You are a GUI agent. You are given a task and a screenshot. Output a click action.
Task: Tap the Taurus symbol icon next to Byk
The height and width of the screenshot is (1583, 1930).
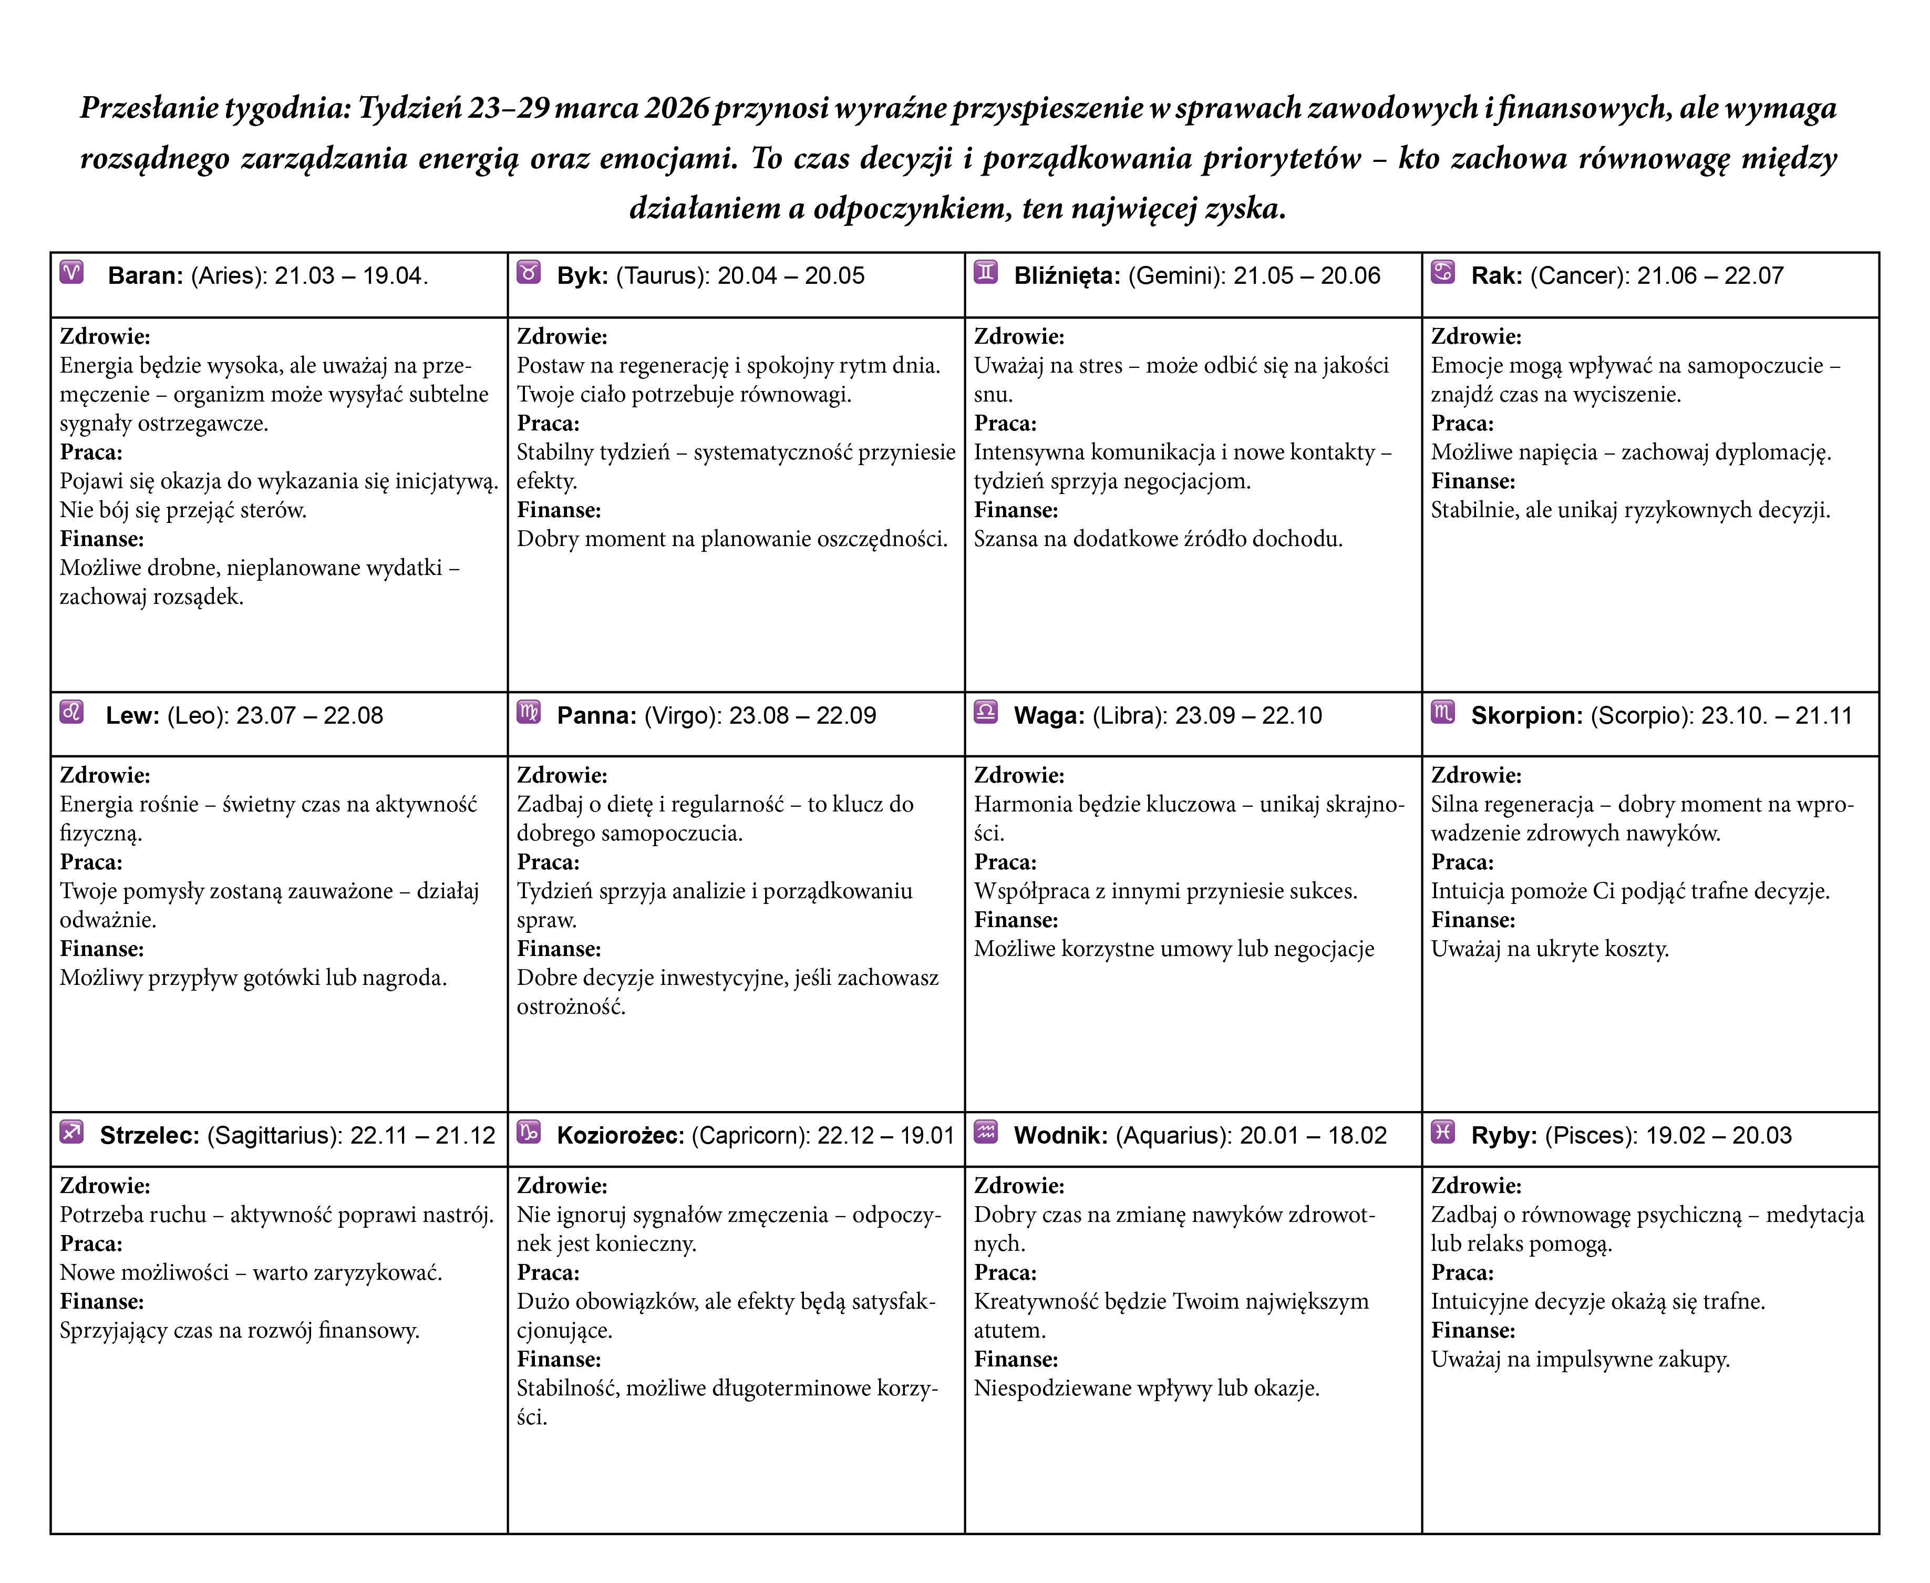click(529, 273)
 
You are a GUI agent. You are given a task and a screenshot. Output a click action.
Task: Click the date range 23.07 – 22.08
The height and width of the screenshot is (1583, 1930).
click(310, 716)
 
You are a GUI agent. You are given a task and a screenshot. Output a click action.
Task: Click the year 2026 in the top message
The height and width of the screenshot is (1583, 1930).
click(676, 108)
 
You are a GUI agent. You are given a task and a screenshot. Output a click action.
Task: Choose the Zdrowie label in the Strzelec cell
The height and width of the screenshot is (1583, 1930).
click(105, 1186)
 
